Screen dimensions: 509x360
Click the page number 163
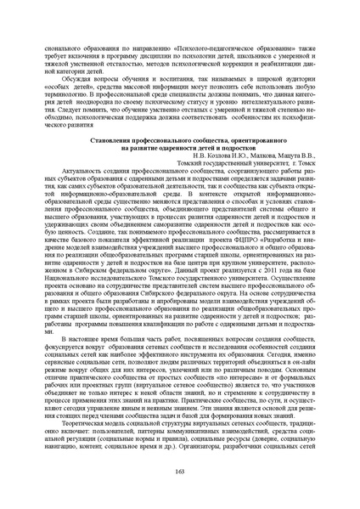179,495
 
